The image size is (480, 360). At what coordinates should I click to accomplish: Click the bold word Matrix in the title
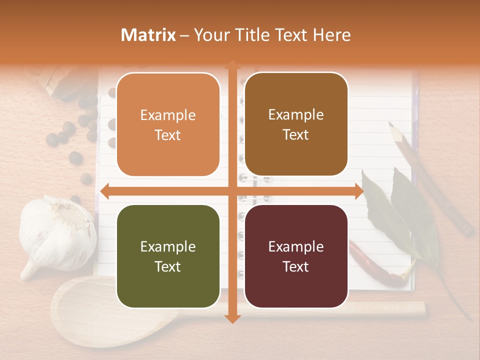tap(148, 35)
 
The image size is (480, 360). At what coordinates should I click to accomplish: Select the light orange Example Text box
tap(168, 124)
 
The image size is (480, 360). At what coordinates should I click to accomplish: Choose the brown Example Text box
tap(296, 124)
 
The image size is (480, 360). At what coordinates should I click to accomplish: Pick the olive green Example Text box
tap(168, 256)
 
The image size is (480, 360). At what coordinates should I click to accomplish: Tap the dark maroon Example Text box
tap(296, 256)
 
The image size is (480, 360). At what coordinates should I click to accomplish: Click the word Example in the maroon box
tap(296, 246)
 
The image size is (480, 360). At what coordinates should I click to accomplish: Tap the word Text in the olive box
tap(168, 266)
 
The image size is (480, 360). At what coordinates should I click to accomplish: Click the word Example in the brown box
tap(296, 114)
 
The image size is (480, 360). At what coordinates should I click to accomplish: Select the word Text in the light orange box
tap(168, 135)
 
